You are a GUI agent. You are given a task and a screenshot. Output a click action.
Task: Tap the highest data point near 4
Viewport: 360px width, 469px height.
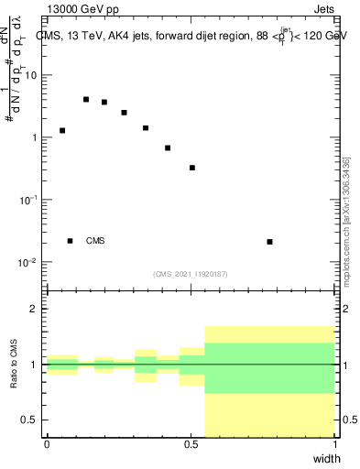coord(86,99)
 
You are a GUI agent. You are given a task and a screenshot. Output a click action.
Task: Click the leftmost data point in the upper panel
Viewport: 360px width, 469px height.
coord(62,130)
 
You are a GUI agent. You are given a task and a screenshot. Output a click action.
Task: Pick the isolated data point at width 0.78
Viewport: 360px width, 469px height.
coord(269,242)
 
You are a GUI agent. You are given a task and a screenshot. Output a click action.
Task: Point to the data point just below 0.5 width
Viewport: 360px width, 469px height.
coord(192,168)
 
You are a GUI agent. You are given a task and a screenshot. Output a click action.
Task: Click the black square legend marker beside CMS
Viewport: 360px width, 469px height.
coord(70,241)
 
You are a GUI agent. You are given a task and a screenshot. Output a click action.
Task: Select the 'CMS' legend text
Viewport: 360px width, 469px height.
coord(95,241)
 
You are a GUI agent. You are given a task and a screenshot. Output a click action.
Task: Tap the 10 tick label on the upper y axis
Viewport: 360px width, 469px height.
coord(33,75)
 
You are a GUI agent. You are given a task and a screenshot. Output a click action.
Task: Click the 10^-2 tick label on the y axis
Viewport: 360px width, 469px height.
coord(29,262)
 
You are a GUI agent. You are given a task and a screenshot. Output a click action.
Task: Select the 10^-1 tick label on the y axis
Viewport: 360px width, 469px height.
coord(29,200)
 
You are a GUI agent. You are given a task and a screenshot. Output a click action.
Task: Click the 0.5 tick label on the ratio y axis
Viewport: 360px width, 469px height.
coord(32,420)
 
